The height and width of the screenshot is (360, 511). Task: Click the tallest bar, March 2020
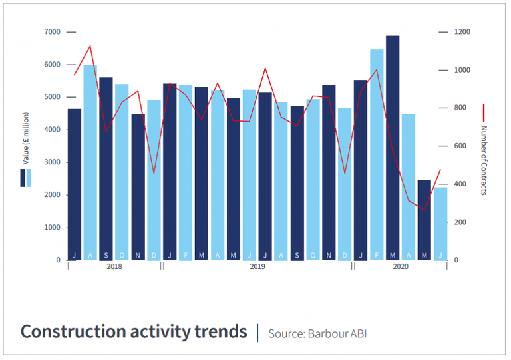(x=393, y=146)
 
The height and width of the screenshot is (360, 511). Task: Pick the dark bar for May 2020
(x=425, y=220)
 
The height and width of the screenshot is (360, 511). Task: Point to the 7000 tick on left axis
(x=53, y=32)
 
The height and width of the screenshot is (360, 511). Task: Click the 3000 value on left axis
(x=53, y=162)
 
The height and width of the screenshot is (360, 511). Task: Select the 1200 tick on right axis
(x=462, y=32)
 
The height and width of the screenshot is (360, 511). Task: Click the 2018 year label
(x=114, y=266)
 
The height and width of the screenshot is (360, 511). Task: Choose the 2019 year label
(x=257, y=266)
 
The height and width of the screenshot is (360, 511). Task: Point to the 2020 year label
(x=400, y=266)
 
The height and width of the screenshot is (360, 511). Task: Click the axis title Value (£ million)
(x=25, y=140)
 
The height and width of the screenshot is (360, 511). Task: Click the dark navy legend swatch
(x=23, y=178)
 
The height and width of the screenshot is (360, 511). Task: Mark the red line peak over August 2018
(x=90, y=46)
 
